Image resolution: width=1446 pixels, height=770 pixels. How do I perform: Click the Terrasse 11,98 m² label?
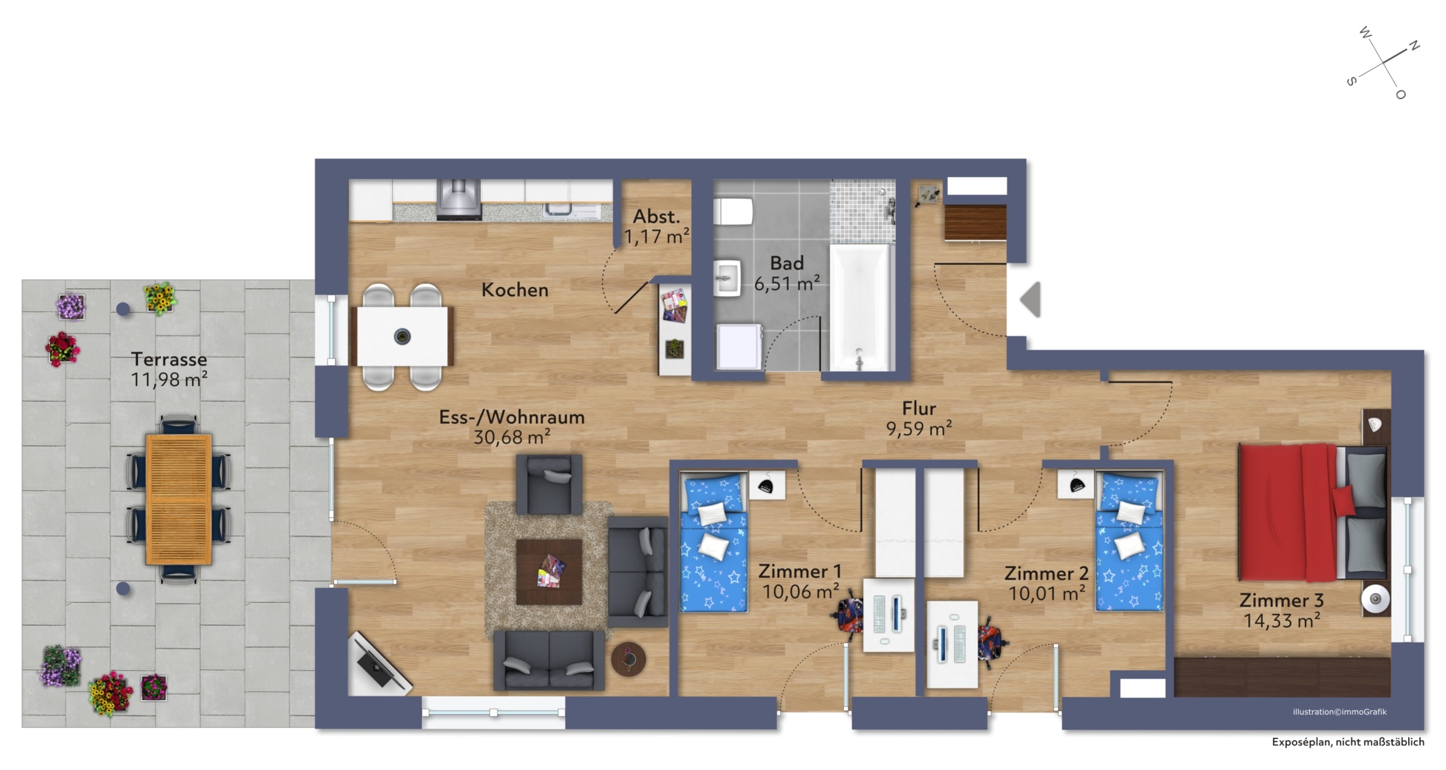point(169,369)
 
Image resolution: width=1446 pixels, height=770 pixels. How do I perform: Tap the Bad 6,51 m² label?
point(787,273)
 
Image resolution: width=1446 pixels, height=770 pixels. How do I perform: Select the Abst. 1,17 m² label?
point(657,226)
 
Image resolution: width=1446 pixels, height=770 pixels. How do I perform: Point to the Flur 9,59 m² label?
point(919,418)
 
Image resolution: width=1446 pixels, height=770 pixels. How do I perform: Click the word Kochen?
point(515,290)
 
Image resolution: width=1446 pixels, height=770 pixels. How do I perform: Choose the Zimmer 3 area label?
point(1282,610)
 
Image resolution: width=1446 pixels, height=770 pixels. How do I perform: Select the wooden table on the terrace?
point(178,499)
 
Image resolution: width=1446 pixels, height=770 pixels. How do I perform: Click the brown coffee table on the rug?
point(549,572)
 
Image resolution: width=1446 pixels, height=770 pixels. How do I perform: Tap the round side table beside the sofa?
point(629,659)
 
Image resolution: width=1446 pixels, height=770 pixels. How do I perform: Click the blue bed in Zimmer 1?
point(714,542)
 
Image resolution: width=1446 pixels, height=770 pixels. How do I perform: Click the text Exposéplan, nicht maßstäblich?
point(1348,742)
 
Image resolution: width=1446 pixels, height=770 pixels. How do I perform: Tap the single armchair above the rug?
point(549,484)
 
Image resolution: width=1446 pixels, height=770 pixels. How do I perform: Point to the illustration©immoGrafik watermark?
point(1339,712)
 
